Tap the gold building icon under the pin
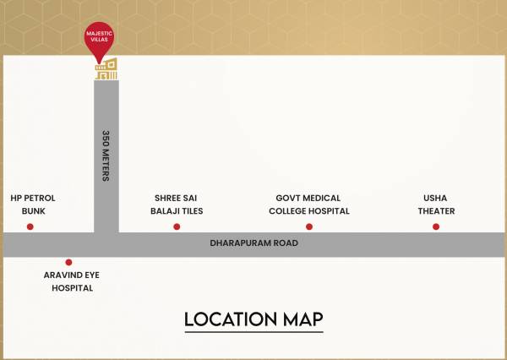[x=106, y=71]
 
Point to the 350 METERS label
[x=106, y=155]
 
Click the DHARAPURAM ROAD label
[x=253, y=243]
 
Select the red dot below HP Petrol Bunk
[x=30, y=226]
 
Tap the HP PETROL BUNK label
[x=33, y=204]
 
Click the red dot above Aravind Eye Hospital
[x=68, y=262]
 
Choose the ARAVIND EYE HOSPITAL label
[x=72, y=281]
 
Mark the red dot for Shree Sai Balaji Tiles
[x=177, y=226]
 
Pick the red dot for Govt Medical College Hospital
[x=309, y=226]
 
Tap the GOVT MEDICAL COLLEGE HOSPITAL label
[x=309, y=204]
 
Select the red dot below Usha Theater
[x=436, y=226]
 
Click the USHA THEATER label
[x=436, y=204]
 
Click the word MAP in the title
[x=302, y=319]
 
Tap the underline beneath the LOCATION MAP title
[x=253, y=332]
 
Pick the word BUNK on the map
[x=33, y=210]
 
